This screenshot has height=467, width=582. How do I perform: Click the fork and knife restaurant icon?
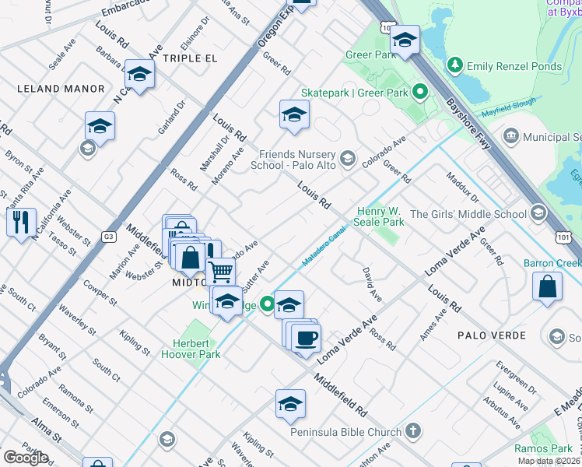click(21, 221)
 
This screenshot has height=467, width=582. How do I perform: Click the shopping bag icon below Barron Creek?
click(548, 285)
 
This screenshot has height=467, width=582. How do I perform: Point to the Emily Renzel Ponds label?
click(514, 66)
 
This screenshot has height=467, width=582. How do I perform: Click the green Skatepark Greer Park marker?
click(420, 93)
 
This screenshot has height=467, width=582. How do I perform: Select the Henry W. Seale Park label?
click(380, 216)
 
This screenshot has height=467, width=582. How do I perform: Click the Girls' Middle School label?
click(468, 214)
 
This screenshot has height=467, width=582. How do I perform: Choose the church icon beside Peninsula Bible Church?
click(413, 430)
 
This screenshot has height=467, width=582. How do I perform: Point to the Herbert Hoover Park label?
click(191, 349)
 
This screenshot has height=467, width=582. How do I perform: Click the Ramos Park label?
click(543, 448)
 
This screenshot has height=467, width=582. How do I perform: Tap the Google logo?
click(26, 458)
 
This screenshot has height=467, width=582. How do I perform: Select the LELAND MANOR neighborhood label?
click(61, 89)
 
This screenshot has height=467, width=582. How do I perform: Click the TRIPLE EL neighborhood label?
click(190, 58)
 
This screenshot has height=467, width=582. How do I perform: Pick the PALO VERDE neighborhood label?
click(493, 335)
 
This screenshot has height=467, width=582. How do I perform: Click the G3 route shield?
click(108, 237)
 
